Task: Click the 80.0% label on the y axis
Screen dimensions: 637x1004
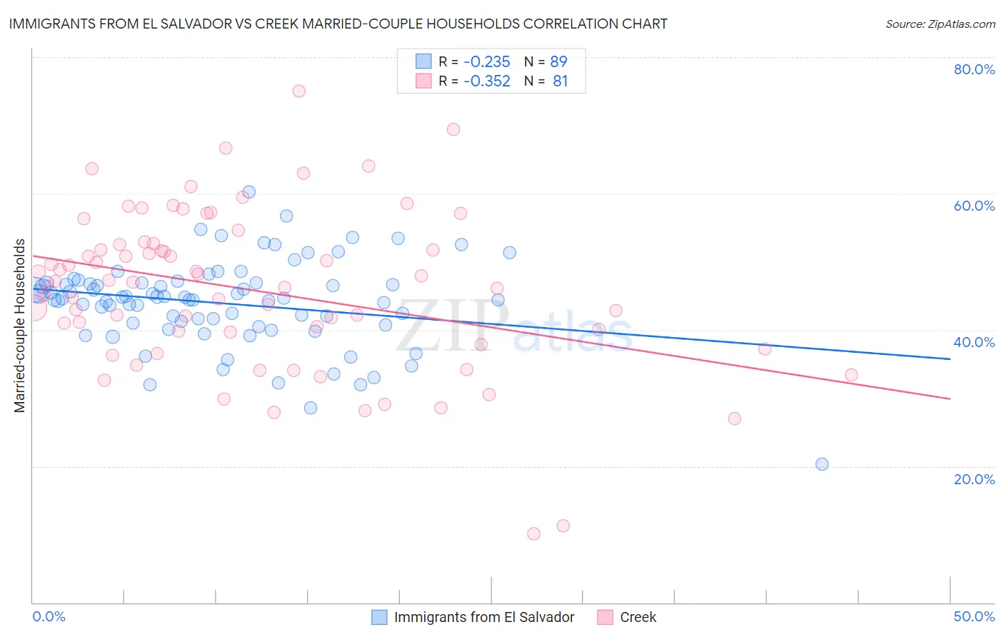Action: click(x=974, y=69)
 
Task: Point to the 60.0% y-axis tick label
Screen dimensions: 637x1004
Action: click(x=974, y=206)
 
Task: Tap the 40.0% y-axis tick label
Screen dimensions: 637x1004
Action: click(x=974, y=342)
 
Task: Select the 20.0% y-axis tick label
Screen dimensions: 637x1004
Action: click(x=974, y=478)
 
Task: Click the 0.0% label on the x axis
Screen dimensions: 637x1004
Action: click(x=49, y=616)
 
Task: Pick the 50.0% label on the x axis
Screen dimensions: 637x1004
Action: click(x=974, y=616)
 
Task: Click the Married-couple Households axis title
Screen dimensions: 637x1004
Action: click(x=20, y=326)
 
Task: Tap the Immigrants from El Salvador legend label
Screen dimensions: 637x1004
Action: click(x=484, y=617)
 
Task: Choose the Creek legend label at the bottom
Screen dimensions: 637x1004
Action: click(x=638, y=617)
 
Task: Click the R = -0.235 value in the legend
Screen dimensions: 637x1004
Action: click(x=474, y=61)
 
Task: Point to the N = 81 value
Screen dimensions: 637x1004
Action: click(x=546, y=81)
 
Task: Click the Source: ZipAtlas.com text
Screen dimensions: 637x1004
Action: click(x=940, y=24)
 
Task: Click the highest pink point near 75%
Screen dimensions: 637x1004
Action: click(x=298, y=91)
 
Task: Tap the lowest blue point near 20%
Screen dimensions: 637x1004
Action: click(x=822, y=464)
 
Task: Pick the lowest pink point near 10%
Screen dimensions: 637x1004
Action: click(x=533, y=533)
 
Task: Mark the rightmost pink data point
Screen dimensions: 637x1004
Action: click(x=851, y=375)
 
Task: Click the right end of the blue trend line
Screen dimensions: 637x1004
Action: click(x=950, y=358)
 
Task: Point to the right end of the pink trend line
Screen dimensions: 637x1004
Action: click(x=950, y=398)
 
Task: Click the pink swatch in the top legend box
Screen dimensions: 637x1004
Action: click(x=423, y=81)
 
